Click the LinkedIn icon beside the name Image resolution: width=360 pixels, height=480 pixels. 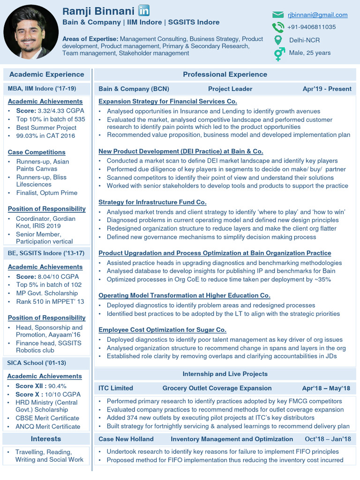[x=144, y=11]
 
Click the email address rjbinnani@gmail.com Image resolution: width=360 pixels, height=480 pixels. [x=317, y=15]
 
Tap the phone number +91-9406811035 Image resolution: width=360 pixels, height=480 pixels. [x=311, y=27]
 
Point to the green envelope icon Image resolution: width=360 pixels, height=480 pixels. [x=278, y=15]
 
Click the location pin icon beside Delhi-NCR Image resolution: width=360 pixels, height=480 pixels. [x=278, y=40]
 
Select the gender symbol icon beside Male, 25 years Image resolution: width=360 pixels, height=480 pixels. [x=279, y=54]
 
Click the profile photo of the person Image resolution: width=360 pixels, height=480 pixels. [x=31, y=32]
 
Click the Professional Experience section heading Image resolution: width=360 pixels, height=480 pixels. [x=225, y=75]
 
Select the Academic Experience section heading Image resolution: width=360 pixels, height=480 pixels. [x=46, y=75]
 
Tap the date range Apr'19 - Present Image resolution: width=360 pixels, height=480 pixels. [x=327, y=89]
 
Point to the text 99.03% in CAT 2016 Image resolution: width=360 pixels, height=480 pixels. [x=45, y=136]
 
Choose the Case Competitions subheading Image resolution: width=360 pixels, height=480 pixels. [x=37, y=152]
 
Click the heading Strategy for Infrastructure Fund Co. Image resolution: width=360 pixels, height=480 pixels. [x=152, y=202]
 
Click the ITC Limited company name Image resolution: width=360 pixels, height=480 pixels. [x=116, y=388]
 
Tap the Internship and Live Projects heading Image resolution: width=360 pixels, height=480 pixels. [x=225, y=374]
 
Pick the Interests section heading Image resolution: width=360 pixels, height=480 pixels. [x=46, y=439]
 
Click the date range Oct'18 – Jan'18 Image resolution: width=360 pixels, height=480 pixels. [x=328, y=439]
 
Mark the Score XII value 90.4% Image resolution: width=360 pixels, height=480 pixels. [x=54, y=386]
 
